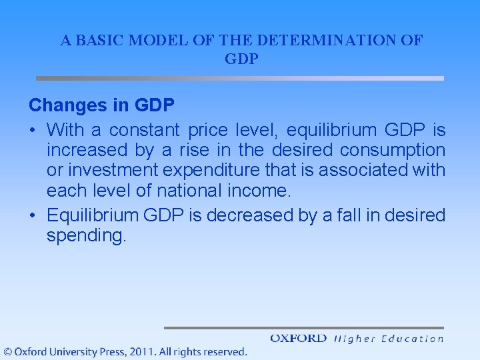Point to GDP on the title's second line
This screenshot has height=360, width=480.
click(x=241, y=59)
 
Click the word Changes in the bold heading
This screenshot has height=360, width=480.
click(x=67, y=105)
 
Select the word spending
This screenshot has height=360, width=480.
click(x=85, y=236)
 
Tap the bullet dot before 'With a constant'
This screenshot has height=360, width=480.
click(x=33, y=129)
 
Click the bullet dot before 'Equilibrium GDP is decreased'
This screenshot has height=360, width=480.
click(x=33, y=215)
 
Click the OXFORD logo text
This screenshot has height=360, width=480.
click(x=298, y=339)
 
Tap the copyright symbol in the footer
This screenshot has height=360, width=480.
click(x=7, y=351)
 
